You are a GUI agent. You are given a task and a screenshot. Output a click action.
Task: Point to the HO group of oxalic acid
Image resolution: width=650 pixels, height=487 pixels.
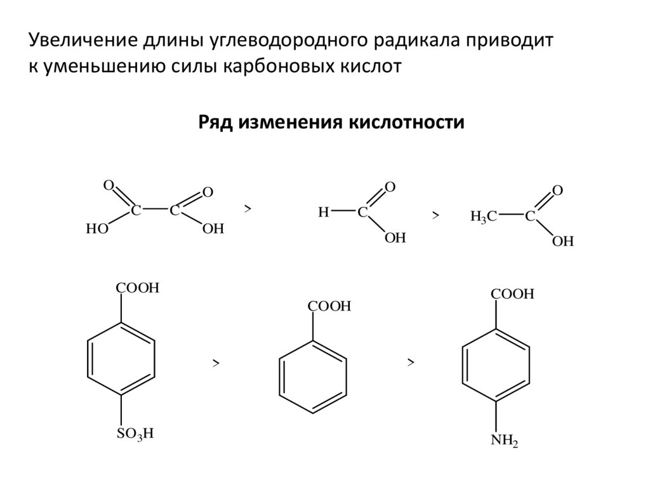[x=98, y=230]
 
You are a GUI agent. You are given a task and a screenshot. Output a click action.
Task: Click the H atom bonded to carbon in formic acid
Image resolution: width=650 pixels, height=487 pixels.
[x=323, y=213]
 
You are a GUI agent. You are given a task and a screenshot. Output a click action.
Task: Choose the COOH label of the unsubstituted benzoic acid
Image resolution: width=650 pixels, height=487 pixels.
[x=329, y=307]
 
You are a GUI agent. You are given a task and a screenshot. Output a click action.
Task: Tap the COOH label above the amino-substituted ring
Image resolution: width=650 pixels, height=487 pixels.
[x=512, y=295]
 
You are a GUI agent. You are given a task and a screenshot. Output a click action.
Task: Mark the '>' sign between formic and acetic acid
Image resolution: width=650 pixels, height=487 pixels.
[x=435, y=217]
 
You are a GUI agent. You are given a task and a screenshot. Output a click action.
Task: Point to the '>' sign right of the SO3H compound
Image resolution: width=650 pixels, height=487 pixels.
[x=216, y=363]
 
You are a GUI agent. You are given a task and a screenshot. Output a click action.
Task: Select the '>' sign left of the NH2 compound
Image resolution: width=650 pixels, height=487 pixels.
[x=411, y=363]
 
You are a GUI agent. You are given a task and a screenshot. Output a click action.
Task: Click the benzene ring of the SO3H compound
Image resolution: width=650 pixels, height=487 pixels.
[x=120, y=359]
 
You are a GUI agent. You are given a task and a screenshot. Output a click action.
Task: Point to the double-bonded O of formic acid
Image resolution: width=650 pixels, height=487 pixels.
[x=390, y=187]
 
